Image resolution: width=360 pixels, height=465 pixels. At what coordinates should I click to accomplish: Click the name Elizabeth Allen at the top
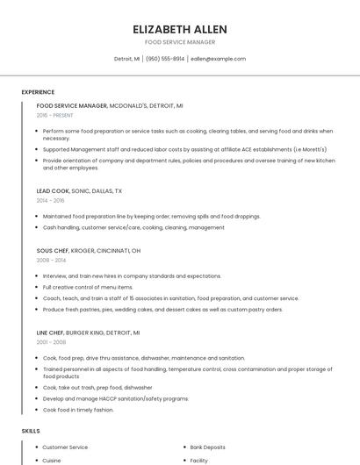[179, 29]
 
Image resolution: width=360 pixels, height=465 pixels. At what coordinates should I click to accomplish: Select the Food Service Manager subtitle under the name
[179, 42]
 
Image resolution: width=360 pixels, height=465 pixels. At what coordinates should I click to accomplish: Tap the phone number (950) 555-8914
[165, 59]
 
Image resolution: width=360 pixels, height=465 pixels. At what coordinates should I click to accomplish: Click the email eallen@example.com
[218, 59]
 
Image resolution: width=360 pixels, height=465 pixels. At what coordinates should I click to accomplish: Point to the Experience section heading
[38, 92]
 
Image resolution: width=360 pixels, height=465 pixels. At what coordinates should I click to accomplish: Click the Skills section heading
[31, 431]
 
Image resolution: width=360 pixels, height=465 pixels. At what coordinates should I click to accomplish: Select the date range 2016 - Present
[54, 115]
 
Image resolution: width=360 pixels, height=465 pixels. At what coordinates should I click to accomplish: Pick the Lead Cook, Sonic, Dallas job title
[79, 190]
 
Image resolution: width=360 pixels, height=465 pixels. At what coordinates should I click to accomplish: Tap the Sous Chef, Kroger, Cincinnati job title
[88, 250]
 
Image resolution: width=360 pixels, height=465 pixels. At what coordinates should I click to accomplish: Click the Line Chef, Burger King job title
[88, 333]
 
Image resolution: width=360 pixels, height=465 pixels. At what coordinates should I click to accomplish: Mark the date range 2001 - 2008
[51, 343]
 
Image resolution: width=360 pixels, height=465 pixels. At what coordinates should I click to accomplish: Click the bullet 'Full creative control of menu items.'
[88, 287]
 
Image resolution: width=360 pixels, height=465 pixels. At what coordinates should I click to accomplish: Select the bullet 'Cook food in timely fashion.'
[78, 410]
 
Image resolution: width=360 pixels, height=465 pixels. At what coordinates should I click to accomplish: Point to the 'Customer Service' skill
[65, 447]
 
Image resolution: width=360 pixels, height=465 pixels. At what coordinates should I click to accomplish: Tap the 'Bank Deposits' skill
[208, 447]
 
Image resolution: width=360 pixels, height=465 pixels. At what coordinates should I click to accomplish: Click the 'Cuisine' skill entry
[52, 460]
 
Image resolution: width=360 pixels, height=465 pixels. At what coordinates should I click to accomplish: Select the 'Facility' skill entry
[199, 460]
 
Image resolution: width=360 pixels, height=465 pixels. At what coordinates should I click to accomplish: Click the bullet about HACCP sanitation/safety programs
[115, 398]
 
